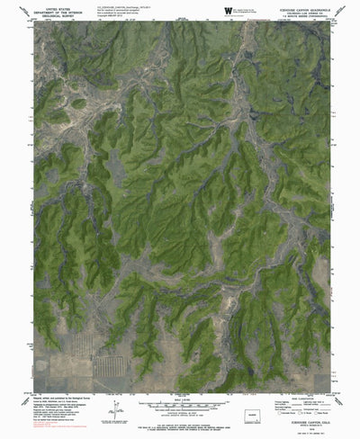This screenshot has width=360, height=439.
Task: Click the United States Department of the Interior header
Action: click(58, 10)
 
